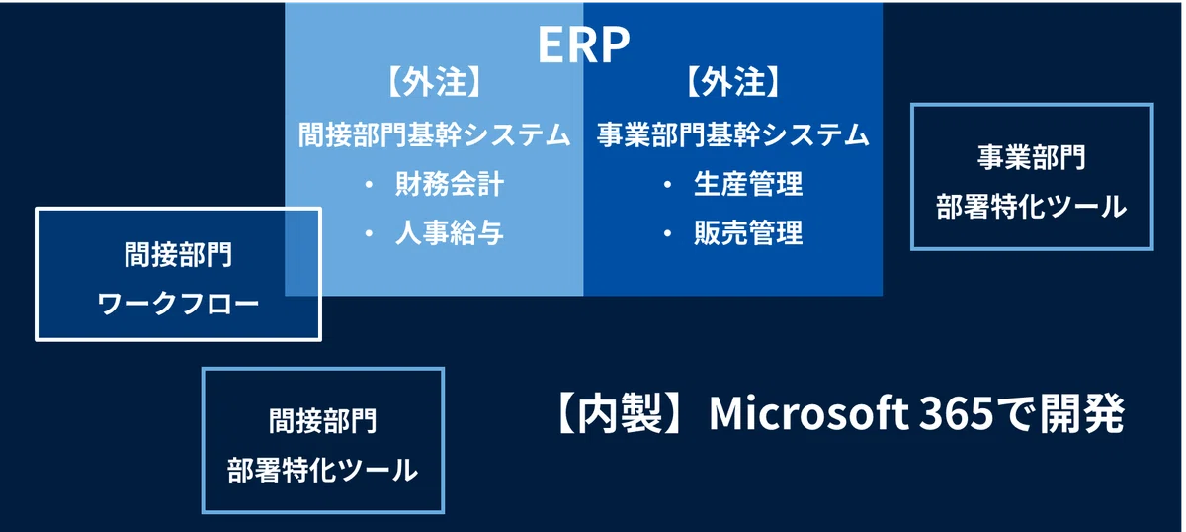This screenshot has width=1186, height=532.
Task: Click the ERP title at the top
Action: pos(583,44)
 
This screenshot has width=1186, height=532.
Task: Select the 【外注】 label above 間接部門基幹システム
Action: pos(434,82)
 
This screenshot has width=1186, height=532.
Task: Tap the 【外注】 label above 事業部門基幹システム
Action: pos(732,82)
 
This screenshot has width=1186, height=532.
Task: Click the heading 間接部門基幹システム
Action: pos(434,134)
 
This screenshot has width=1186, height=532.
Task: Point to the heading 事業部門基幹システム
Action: pos(732,134)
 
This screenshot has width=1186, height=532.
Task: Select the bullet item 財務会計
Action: pos(449,184)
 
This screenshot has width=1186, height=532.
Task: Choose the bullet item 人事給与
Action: pos(449,232)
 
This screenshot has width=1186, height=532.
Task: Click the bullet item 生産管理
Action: pos(748,184)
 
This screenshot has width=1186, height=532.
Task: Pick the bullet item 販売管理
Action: pos(748,232)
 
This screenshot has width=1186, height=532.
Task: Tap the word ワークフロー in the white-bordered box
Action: pos(178,304)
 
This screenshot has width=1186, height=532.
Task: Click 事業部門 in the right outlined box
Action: pos(1032,157)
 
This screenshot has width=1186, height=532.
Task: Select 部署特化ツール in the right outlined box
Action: pos(1032,206)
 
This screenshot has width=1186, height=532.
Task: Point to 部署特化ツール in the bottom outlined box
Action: pos(323,470)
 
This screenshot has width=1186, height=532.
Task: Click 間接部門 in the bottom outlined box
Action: pos(323,421)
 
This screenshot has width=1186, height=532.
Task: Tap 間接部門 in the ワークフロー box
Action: pos(178,255)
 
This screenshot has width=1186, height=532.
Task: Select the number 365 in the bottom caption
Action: pos(957,413)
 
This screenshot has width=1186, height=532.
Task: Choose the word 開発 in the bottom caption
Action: pos(1082,414)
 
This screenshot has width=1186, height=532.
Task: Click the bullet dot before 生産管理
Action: pos(668,184)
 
